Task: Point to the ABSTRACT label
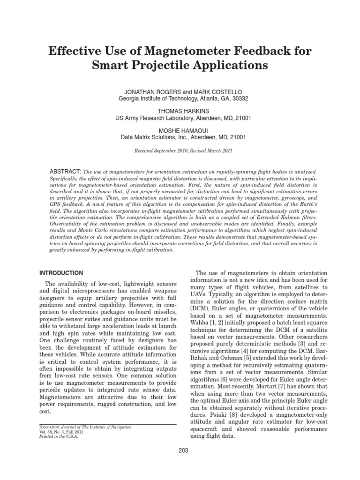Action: point(66,172)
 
